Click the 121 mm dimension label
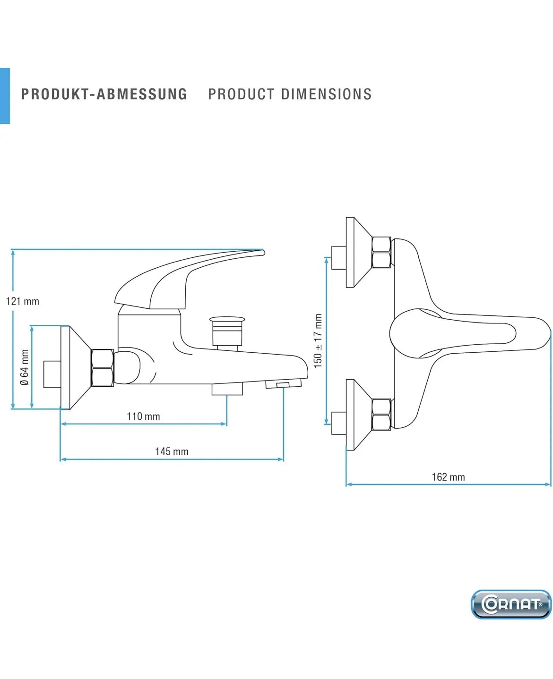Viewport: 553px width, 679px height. coord(22,302)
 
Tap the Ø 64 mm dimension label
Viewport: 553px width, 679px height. coord(24,367)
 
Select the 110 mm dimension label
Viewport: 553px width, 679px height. coord(143,416)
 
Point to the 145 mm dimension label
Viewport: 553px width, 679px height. coord(172,451)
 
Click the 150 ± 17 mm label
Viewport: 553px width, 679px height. coord(318,341)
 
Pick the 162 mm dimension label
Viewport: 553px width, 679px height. coord(448,477)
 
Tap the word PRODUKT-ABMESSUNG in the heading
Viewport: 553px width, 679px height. coord(104,94)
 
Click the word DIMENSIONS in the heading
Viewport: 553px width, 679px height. coord(326,94)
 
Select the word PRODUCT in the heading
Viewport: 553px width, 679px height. coord(241,94)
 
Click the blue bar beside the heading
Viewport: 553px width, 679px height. coord(5,96)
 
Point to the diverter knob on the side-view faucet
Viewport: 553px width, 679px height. coord(227,332)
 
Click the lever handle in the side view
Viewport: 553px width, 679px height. coord(190,279)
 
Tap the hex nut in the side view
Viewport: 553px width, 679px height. coord(102,368)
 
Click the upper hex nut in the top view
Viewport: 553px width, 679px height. coord(381,252)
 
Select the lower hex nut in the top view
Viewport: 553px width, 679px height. coord(381,414)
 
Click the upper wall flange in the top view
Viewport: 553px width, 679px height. coord(358,252)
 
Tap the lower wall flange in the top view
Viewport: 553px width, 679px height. coord(358,415)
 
